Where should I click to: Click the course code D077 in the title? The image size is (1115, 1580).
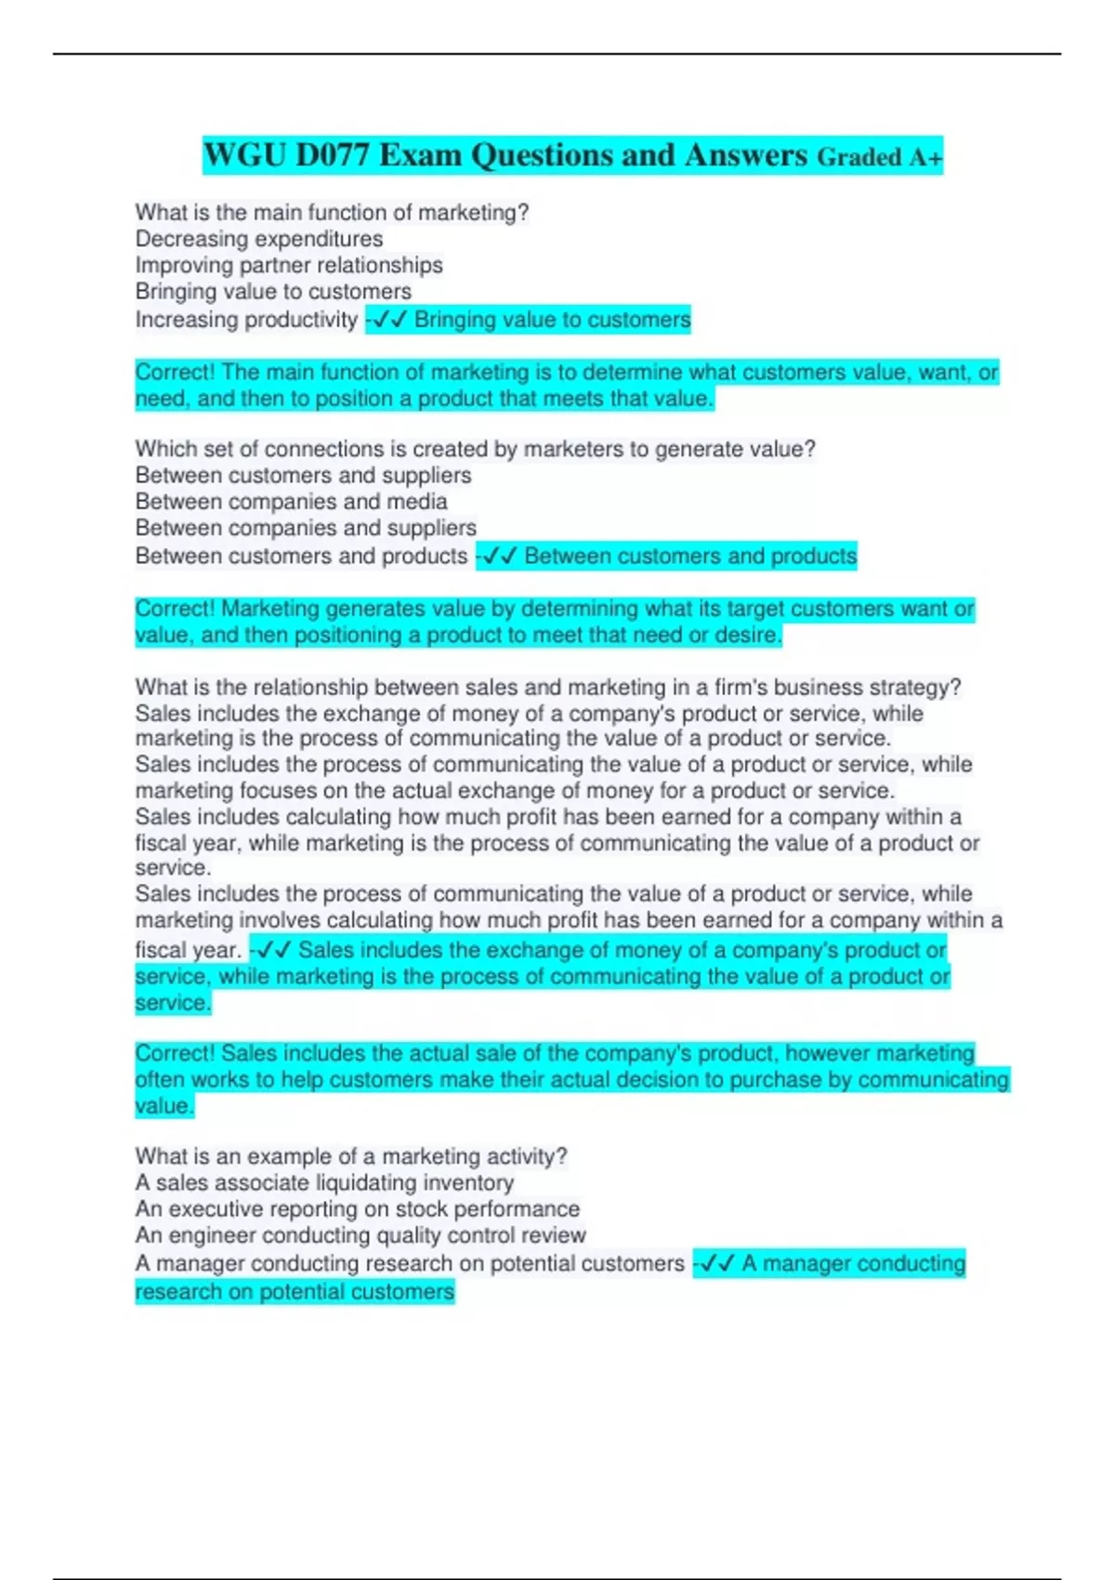tap(332, 155)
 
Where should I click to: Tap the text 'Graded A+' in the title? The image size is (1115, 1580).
tap(879, 157)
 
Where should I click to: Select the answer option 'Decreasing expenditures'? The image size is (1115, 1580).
tap(258, 239)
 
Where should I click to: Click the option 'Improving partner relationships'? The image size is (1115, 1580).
tap(288, 265)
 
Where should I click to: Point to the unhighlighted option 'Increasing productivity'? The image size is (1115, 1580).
tap(246, 320)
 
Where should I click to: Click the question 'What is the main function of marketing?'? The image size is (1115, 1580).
tap(332, 213)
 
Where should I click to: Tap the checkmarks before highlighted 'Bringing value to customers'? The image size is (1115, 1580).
tap(388, 320)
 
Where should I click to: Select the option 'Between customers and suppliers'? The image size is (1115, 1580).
tap(303, 475)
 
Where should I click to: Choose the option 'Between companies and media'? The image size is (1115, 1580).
tap(291, 502)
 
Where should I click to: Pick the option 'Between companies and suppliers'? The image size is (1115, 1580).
tap(306, 528)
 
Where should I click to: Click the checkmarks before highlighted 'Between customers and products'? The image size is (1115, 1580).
tap(499, 556)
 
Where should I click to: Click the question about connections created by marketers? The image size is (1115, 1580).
tap(475, 449)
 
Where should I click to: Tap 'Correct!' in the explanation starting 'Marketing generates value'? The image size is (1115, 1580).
tap(175, 609)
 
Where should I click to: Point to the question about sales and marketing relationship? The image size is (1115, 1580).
tap(547, 688)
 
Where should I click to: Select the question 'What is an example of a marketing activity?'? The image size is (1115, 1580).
tap(350, 1156)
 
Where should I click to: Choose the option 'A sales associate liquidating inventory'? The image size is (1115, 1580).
tap(323, 1183)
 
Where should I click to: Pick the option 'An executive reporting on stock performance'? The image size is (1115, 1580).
tap(357, 1209)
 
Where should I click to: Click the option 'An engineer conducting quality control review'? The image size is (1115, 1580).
tap(360, 1235)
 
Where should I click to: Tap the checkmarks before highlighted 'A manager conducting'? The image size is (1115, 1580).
tap(716, 1263)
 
